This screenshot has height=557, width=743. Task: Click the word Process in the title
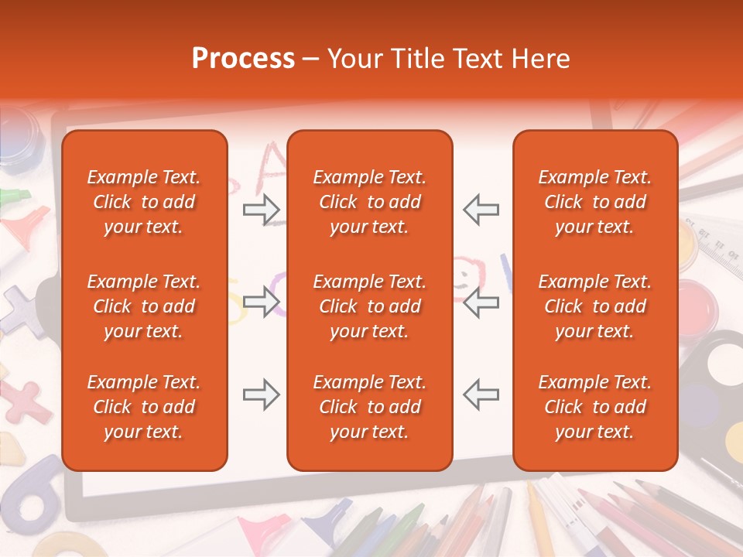click(243, 59)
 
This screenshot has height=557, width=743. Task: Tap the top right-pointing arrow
click(262, 209)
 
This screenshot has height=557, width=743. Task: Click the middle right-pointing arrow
click(262, 302)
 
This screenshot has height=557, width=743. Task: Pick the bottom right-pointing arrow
click(262, 395)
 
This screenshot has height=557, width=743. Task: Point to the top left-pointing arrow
click(481, 209)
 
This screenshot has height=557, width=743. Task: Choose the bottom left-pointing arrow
click(481, 395)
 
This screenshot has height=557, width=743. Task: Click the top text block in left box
click(144, 202)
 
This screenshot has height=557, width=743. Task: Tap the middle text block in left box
click(144, 306)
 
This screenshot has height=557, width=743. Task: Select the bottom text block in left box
click(144, 407)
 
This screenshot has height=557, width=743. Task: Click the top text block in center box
click(369, 202)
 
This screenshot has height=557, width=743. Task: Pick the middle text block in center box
click(369, 306)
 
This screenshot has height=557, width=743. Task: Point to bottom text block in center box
click(369, 407)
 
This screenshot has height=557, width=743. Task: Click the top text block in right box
click(594, 202)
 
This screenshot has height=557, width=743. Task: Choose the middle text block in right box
click(594, 306)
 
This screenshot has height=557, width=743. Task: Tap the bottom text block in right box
click(594, 407)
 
